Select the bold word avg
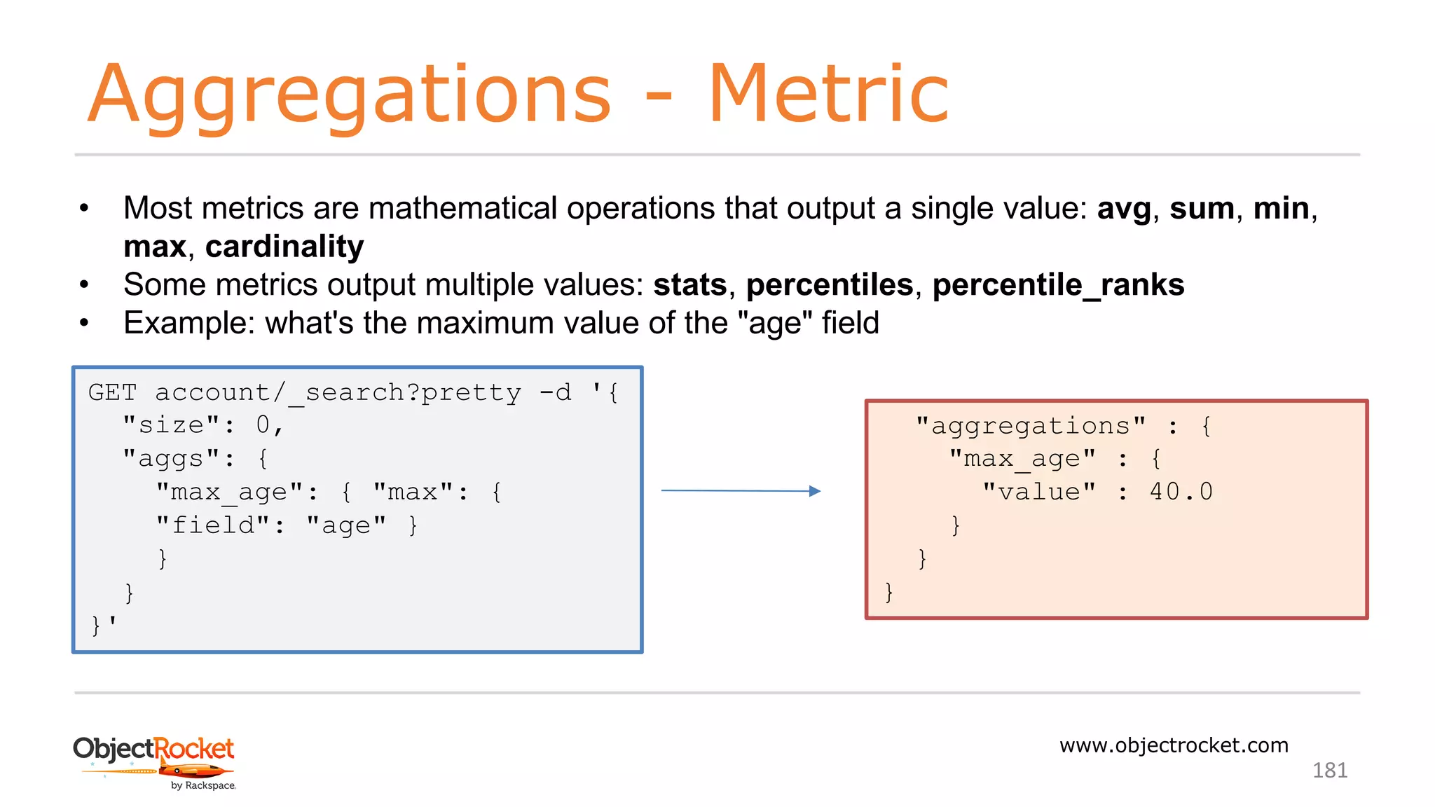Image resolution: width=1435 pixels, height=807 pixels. [1123, 209]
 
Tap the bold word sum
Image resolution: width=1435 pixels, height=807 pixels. [1202, 209]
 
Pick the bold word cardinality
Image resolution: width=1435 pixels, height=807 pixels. [284, 247]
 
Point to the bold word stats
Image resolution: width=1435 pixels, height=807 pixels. [690, 285]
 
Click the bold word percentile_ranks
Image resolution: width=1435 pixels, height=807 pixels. [1058, 285]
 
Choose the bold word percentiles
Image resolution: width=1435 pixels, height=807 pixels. [830, 285]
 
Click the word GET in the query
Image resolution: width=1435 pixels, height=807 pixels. [112, 392]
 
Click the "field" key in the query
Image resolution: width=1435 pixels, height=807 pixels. [213, 525]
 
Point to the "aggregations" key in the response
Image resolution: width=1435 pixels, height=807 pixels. [1030, 426]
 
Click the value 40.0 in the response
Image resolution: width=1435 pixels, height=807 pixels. [1181, 492]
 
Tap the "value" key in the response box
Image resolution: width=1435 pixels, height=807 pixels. [1038, 492]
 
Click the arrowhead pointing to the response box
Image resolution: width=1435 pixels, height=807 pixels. [814, 491]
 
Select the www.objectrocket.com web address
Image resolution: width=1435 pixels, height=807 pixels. [1174, 745]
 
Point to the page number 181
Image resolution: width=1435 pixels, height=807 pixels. [1329, 771]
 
